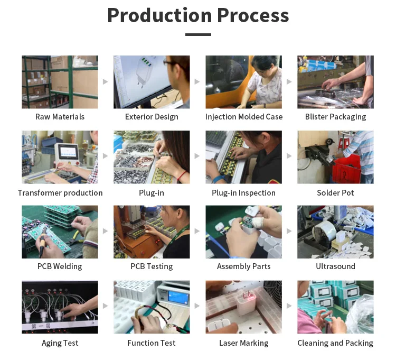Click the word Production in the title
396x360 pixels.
point(159,15)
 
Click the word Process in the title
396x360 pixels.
point(253,15)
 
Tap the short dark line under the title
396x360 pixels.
point(198,34)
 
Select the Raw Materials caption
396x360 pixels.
point(60,117)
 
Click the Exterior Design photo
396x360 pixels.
point(152,82)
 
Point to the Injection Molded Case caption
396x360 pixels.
point(244,117)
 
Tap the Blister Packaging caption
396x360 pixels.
point(335,117)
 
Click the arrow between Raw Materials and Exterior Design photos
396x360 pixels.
point(105,81)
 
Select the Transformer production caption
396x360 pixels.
point(60,193)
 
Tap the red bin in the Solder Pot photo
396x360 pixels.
point(346,170)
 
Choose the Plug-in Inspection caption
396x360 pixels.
point(244,193)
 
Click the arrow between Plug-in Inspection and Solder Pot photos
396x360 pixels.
point(289,156)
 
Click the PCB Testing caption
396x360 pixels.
point(152,266)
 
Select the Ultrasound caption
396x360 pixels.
point(335,266)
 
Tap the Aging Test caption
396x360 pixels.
point(60,343)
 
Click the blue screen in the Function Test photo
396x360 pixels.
point(178,297)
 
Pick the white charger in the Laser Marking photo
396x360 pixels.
point(246,302)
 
